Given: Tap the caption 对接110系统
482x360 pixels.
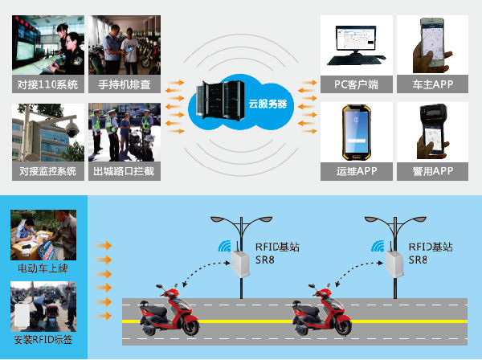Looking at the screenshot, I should pyautogui.click(x=47, y=84).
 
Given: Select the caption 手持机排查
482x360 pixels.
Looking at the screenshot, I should pyautogui.click(x=125, y=84).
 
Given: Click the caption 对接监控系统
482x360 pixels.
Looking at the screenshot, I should pyautogui.click(x=47, y=170).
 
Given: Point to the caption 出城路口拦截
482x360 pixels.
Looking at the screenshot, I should pyautogui.click(x=125, y=170).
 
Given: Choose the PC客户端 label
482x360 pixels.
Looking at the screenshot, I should pyautogui.click(x=356, y=84).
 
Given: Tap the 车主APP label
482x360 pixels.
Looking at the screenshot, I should pyautogui.click(x=433, y=84).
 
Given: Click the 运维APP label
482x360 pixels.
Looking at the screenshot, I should pyautogui.click(x=356, y=170).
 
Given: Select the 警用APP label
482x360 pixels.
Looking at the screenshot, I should pyautogui.click(x=433, y=170).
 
